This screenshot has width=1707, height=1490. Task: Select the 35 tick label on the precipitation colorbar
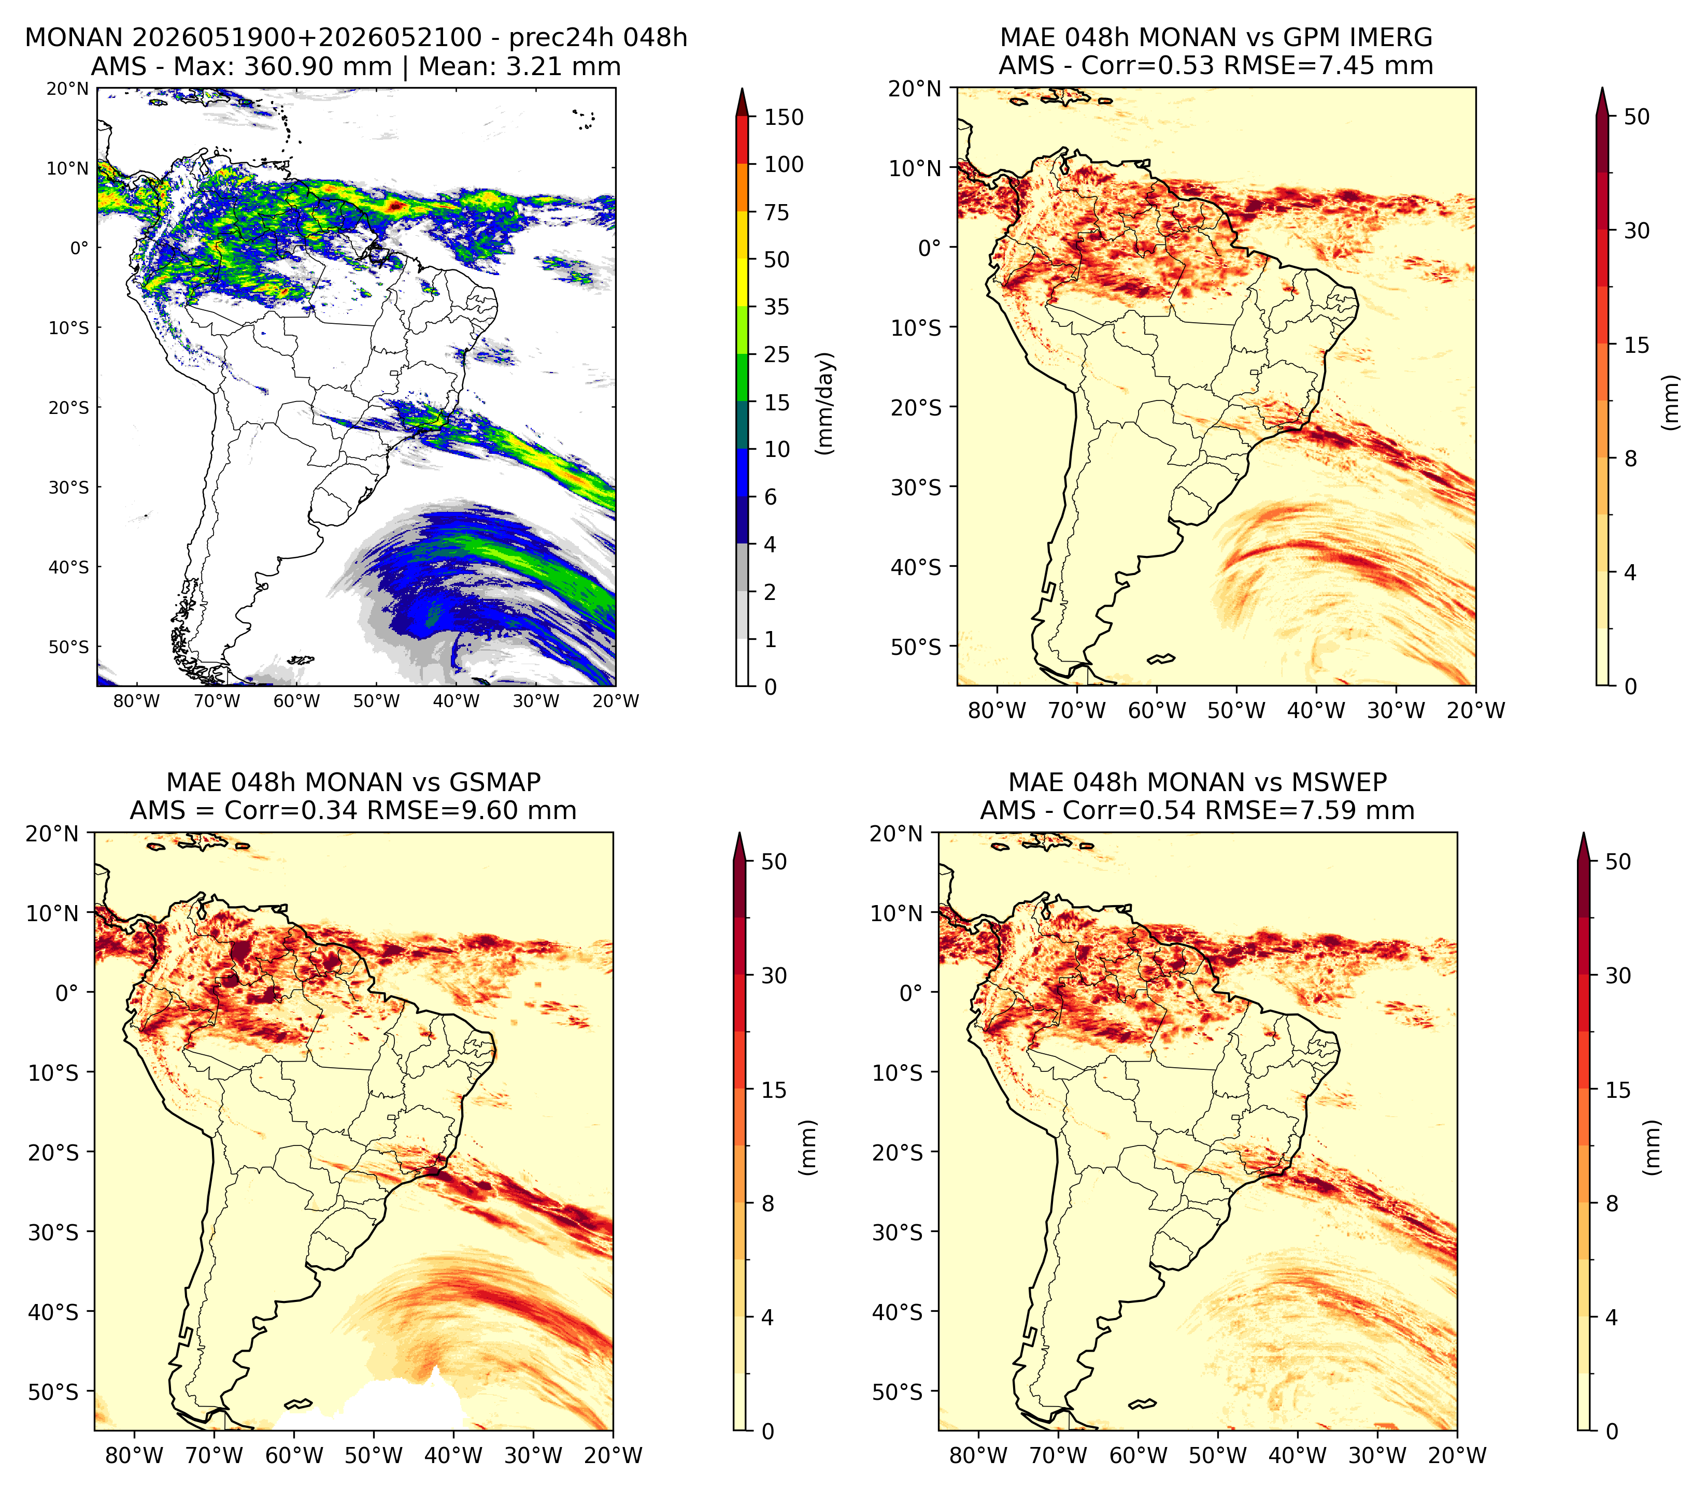click(x=777, y=307)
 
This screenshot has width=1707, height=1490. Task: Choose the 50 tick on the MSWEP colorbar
click(x=1618, y=862)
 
